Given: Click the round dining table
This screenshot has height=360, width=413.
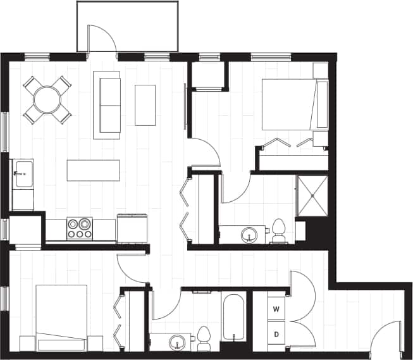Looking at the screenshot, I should point(47,99).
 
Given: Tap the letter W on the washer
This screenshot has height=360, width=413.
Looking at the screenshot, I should point(276,309).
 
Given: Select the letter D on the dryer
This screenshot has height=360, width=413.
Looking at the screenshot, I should point(276,333).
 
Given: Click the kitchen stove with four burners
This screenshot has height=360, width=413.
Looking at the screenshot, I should point(80,228).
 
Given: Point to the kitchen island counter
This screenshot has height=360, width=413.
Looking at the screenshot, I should point(94,170).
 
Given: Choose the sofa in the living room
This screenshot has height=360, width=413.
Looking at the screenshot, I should point(107,104).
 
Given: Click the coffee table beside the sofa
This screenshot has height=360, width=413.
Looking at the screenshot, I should point(145,105).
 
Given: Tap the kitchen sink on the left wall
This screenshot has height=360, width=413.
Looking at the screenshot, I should point(23,173).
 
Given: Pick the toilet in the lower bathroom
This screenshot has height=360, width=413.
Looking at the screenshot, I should point(204,339).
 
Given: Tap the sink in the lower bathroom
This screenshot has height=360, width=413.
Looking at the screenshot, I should point(178,341).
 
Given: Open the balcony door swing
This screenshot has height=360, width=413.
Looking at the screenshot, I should point(101,40).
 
